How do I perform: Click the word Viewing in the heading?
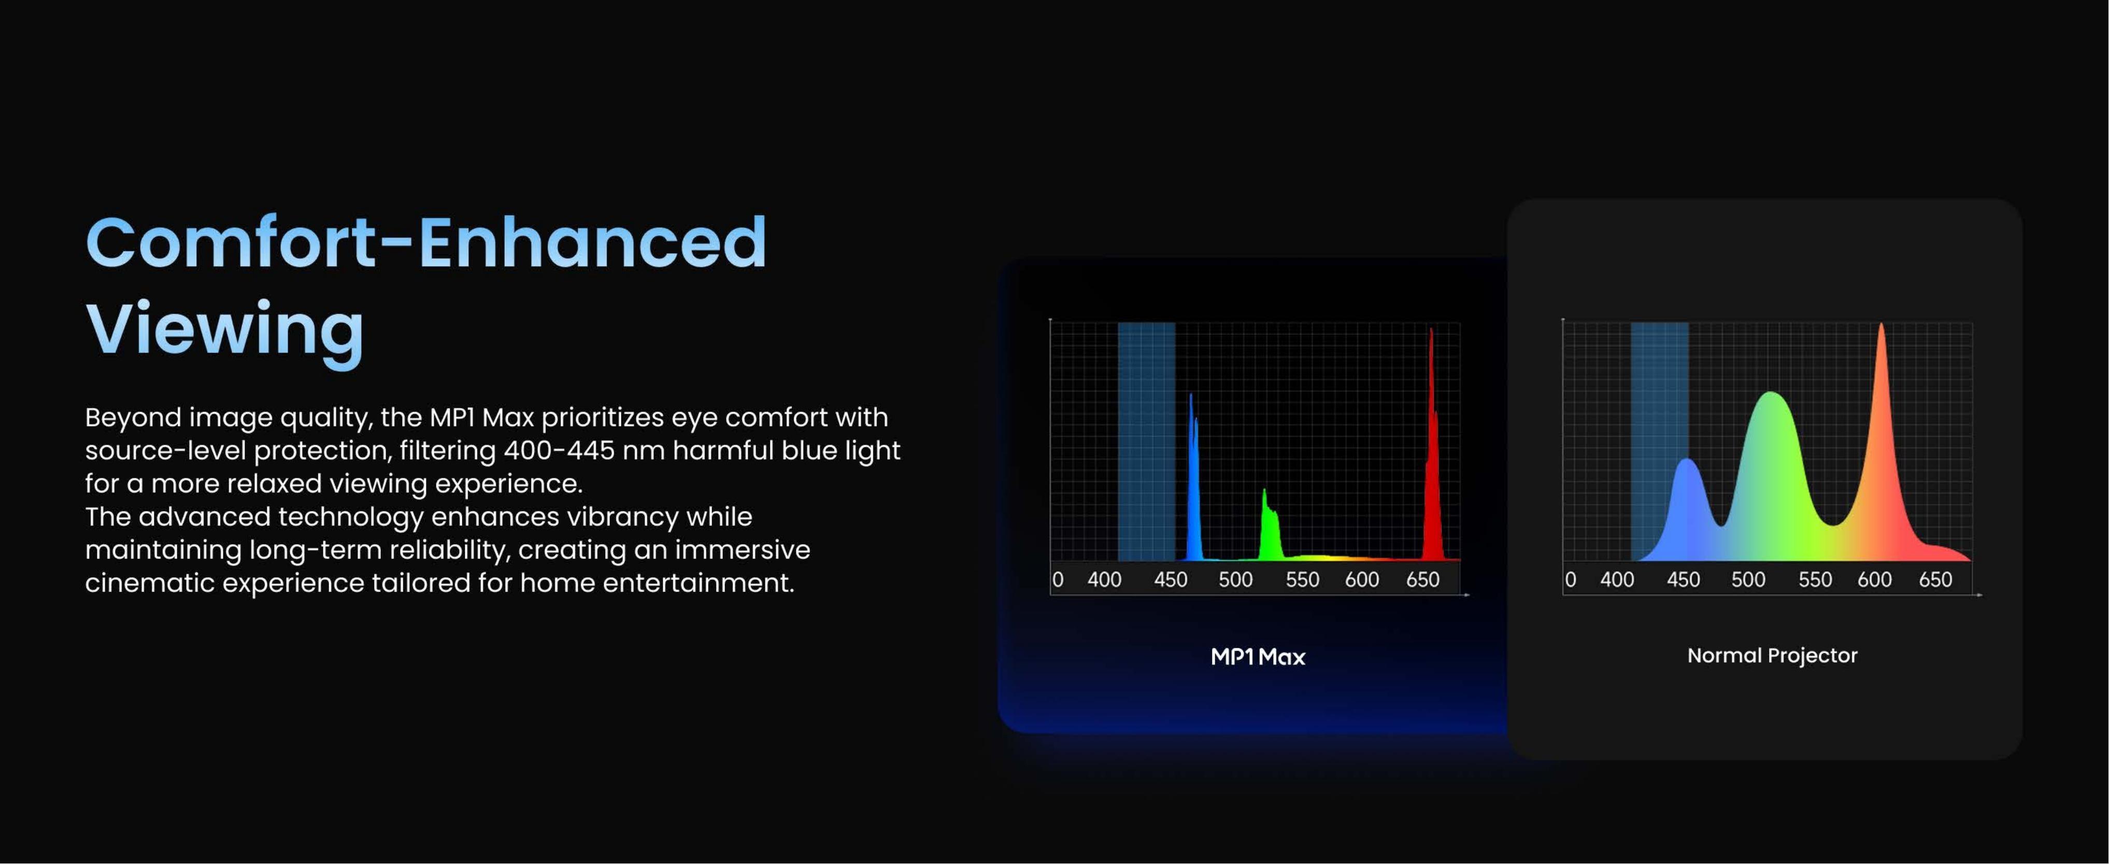tap(224, 329)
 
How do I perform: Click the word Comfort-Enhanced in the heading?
tap(426, 243)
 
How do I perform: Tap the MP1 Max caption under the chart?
tap(1258, 657)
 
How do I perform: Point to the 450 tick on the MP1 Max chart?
tap(1170, 580)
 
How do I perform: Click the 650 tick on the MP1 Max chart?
tap(1422, 580)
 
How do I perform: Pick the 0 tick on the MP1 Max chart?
tap(1058, 580)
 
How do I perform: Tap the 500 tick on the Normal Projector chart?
tap(1747, 580)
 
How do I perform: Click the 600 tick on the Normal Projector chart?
tap(1874, 580)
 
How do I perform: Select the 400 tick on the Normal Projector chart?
tap(1616, 580)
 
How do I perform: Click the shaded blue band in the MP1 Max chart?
tap(1146, 442)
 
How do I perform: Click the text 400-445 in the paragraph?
tap(559, 450)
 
